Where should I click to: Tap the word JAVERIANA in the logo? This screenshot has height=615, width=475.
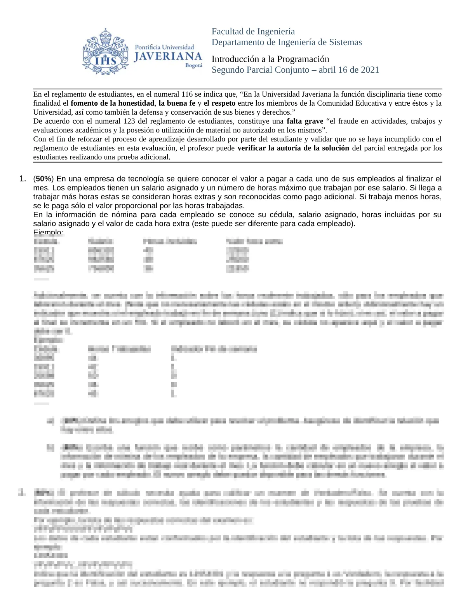tap(168, 57)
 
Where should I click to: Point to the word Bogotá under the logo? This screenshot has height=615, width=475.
tap(194, 66)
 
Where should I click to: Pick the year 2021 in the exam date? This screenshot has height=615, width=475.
tap(370, 70)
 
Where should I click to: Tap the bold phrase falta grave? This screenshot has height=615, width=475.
tap(305, 121)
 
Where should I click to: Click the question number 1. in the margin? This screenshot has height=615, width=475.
tap(23, 179)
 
